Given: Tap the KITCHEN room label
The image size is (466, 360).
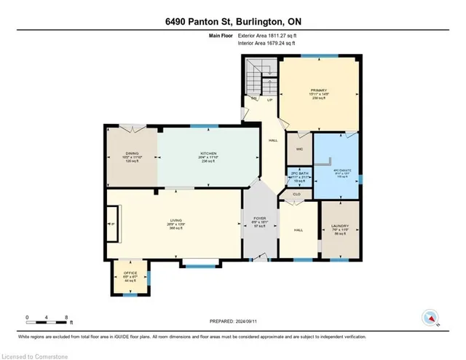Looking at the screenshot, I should (x=208, y=154).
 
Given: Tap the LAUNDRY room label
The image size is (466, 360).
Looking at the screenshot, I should (x=339, y=227).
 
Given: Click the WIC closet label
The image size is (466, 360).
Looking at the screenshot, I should (x=299, y=149).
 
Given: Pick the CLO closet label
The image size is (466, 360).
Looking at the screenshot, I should (x=297, y=195).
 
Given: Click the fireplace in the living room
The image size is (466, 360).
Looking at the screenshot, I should (x=112, y=224).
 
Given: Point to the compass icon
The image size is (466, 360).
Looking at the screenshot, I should (x=432, y=317).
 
